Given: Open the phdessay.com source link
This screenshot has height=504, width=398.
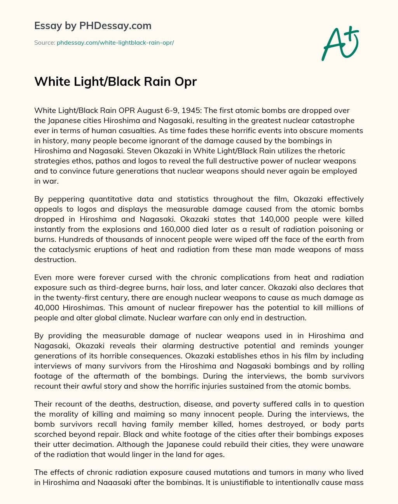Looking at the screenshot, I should point(115,42).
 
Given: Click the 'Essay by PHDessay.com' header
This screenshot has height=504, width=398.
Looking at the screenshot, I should point(93,26).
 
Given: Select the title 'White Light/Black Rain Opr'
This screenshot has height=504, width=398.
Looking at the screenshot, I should point(115,82).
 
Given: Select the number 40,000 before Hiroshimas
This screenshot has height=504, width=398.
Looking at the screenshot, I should point(47,308).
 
